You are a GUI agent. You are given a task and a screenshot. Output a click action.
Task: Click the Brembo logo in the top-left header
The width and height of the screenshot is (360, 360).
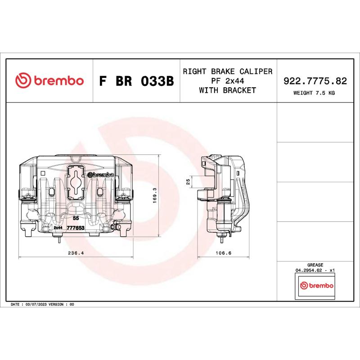click(49, 81)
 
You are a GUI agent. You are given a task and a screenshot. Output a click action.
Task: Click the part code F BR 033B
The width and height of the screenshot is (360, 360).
click(135, 81)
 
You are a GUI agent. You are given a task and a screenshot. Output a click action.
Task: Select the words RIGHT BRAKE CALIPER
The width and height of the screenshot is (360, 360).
click(227, 72)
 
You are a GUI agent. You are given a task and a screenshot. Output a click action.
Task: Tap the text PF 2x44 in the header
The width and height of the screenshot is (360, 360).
click(227, 81)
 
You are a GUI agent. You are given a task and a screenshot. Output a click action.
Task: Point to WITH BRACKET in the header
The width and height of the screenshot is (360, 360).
click(227, 90)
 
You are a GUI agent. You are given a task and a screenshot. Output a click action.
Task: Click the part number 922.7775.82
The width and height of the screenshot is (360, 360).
click(315, 81)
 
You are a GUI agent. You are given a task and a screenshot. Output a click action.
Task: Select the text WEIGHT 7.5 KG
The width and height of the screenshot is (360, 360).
click(314, 93)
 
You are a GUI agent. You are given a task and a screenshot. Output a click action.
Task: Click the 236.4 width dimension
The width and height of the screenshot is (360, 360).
click(76, 253)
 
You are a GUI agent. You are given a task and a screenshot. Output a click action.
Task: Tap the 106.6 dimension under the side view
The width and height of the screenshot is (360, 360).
click(224, 253)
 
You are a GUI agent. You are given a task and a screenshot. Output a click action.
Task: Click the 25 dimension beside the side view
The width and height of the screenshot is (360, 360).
click(188, 182)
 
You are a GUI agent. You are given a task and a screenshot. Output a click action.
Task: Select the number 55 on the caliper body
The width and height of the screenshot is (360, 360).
click(76, 218)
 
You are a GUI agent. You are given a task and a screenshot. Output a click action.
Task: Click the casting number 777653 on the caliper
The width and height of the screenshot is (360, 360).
click(76, 228)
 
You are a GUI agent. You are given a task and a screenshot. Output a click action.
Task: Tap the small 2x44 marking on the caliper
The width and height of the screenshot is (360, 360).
click(58, 228)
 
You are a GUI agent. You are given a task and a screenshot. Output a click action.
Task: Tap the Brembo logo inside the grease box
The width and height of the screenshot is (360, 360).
click(316, 286)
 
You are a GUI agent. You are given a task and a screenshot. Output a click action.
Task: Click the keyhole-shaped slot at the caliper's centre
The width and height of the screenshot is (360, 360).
click(76, 182)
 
